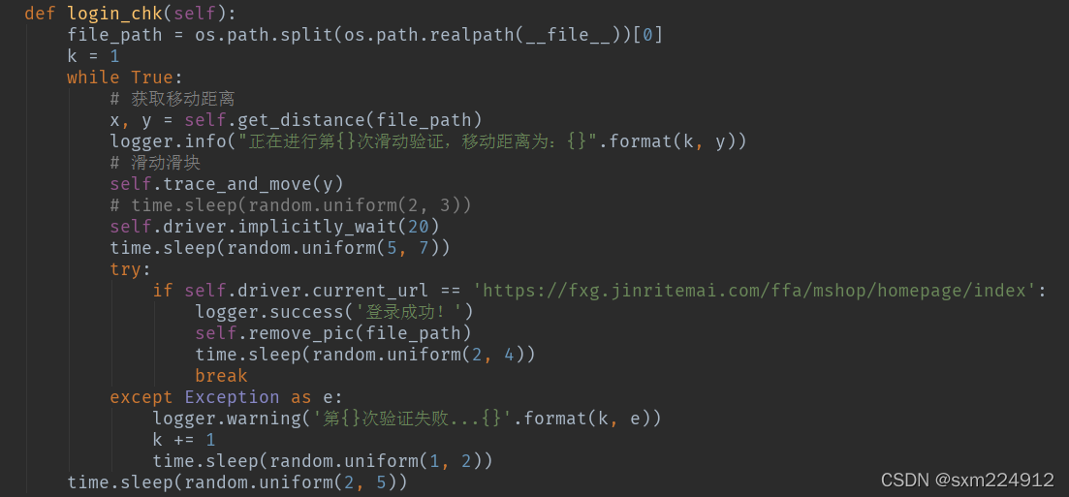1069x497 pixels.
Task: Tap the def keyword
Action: [x=40, y=14]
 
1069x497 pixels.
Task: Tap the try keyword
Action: [x=126, y=269]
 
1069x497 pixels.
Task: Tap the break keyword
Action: [x=221, y=376]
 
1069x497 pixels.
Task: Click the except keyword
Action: [x=141, y=397]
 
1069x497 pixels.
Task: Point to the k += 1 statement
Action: [x=184, y=440]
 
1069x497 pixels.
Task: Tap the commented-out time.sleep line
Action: [x=291, y=205]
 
